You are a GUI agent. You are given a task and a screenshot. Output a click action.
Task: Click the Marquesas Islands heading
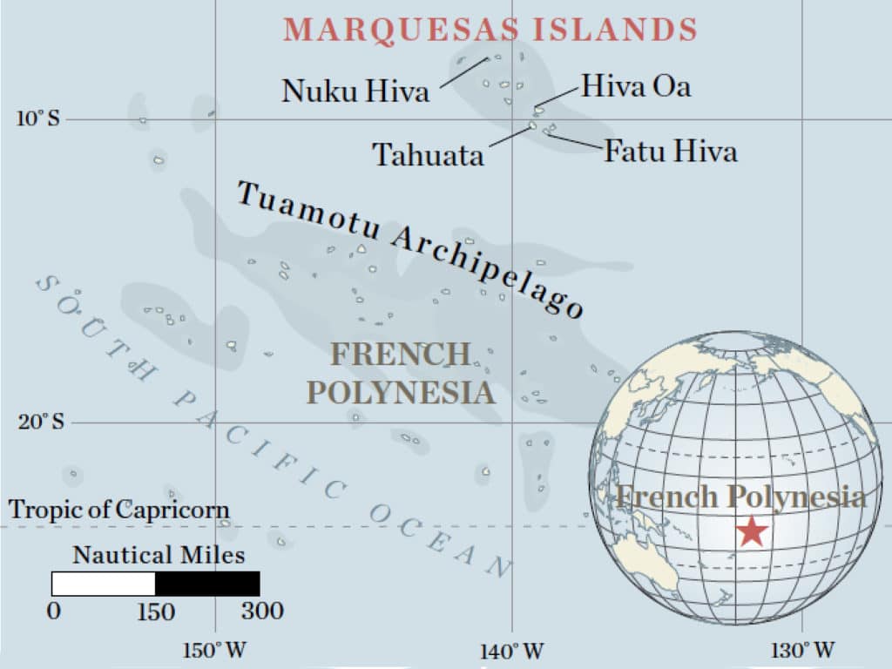(x=490, y=30)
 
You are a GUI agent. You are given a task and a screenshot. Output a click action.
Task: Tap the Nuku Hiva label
(x=355, y=91)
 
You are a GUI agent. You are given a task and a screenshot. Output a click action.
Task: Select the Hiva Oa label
(x=636, y=86)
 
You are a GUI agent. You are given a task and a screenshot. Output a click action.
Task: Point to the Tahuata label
(x=428, y=155)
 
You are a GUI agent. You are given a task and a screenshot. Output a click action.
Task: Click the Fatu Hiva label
(x=671, y=152)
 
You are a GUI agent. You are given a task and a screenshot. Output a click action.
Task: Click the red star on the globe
(x=751, y=530)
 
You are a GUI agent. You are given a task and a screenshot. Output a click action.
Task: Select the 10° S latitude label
(x=37, y=118)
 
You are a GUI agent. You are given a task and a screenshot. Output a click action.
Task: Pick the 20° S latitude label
(x=41, y=422)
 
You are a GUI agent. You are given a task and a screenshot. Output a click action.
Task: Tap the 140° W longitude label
(x=511, y=651)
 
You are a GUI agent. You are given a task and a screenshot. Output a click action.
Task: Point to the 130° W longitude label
(x=806, y=650)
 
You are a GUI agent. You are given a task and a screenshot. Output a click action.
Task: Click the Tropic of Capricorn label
(x=118, y=510)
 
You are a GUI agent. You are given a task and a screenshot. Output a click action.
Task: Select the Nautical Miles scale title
(x=159, y=555)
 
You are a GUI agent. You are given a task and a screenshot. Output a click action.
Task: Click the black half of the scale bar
(x=207, y=584)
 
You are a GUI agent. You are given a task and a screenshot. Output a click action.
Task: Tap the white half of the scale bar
(x=103, y=584)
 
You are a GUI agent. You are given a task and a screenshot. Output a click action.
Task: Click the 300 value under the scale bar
(x=262, y=611)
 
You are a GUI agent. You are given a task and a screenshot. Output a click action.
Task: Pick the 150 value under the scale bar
(x=156, y=611)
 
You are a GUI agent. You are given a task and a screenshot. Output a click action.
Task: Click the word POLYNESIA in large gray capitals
(x=401, y=393)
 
